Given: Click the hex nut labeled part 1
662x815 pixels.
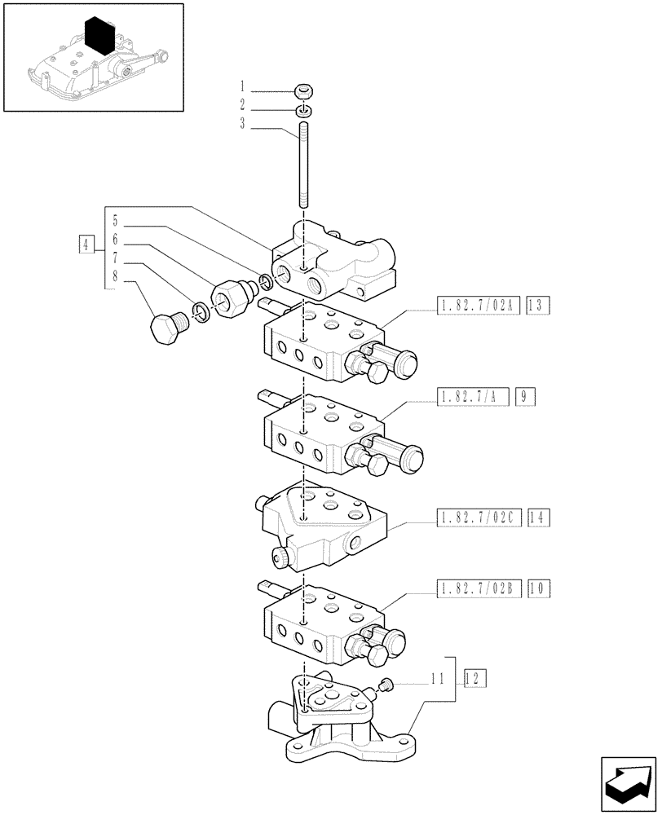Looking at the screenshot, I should pyautogui.click(x=302, y=91).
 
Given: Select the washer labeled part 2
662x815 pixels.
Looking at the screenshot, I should pyautogui.click(x=302, y=109).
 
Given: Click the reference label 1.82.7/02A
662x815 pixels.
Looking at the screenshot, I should pyautogui.click(x=478, y=306).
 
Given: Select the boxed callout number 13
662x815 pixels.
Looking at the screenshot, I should pyautogui.click(x=538, y=306).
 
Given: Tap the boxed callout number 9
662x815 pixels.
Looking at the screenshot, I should pyautogui.click(x=523, y=397).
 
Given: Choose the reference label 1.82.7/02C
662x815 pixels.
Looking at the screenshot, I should pyautogui.click(x=478, y=516).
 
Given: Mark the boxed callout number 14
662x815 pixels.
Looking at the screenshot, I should pyautogui.click(x=538, y=516).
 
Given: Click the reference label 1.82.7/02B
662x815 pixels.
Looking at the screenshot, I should pyautogui.click(x=478, y=587).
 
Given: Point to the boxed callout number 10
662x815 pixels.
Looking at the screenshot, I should pyautogui.click(x=538, y=587).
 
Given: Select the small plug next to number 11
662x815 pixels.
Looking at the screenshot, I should pyautogui.click(x=389, y=686).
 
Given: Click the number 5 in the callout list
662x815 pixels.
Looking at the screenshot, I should pyautogui.click(x=116, y=220).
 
